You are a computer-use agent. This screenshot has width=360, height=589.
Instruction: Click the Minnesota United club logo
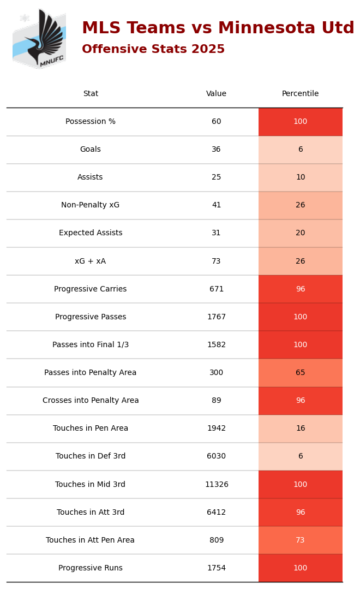click(39, 39)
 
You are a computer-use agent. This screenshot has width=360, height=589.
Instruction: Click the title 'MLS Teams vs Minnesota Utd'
click(218, 28)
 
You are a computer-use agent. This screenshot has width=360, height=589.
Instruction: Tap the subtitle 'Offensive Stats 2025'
click(153, 50)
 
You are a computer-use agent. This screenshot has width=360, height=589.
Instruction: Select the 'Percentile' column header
click(300, 94)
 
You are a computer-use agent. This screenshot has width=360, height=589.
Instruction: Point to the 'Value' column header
click(217, 94)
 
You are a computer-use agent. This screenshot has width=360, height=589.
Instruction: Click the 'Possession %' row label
click(91, 122)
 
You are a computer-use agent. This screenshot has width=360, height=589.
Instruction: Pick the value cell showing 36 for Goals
click(217, 150)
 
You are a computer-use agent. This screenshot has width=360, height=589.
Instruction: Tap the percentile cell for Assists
click(300, 177)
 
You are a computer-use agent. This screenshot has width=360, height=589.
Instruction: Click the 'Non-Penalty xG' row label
click(91, 205)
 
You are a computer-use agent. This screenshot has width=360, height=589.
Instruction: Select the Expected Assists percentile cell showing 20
click(300, 233)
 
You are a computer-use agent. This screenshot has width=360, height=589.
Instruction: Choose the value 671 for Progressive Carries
click(217, 289)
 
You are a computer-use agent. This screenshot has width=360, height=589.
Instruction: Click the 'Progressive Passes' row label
click(91, 317)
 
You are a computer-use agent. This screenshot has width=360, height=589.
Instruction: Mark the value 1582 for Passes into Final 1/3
click(217, 345)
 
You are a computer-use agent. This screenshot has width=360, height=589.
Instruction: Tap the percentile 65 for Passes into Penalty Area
click(300, 373)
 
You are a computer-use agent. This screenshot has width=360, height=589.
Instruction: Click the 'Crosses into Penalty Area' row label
click(91, 401)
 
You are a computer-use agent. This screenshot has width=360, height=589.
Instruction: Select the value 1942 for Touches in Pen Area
click(217, 429)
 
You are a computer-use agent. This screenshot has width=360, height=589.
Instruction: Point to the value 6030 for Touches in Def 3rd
click(217, 456)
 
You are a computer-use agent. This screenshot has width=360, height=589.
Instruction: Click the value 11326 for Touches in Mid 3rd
click(217, 485)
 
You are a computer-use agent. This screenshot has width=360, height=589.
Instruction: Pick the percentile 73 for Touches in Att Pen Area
click(300, 540)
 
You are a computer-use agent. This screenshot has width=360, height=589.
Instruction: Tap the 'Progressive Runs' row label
click(91, 568)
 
